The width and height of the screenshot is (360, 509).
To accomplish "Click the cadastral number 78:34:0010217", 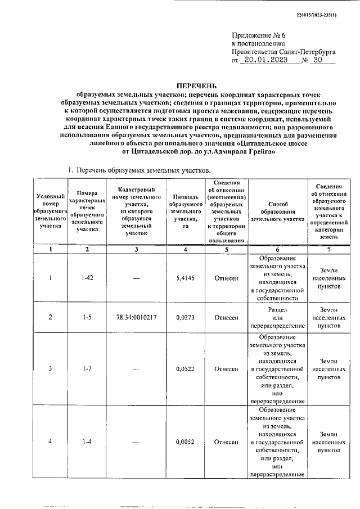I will click(136, 318).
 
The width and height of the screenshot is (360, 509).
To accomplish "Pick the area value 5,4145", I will click(185, 278).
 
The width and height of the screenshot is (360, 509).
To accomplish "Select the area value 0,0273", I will click(185, 318).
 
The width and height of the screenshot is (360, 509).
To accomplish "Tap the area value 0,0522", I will click(185, 369).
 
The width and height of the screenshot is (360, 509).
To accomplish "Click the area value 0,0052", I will click(185, 442).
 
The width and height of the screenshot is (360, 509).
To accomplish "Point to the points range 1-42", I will click(87, 278).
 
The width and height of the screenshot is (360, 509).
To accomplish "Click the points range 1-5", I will click(87, 318).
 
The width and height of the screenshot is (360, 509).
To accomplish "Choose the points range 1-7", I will click(87, 369).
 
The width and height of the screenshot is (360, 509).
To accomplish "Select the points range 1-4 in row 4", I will click(87, 442).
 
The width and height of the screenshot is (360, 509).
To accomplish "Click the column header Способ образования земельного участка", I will click(278, 212).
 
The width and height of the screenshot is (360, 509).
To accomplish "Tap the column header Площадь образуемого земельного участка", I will click(185, 212).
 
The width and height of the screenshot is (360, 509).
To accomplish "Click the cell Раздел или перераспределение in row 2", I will click(278, 318).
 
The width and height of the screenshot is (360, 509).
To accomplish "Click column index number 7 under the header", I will click(329, 249).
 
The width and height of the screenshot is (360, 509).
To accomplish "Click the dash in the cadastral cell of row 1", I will click(136, 278).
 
